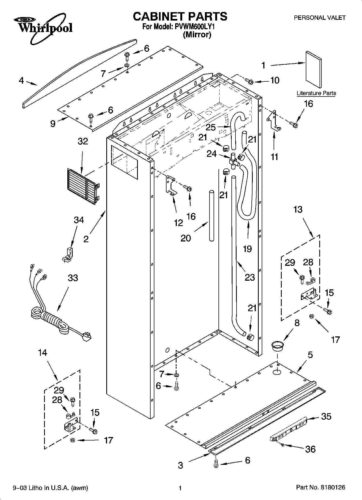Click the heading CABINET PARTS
click(180, 16)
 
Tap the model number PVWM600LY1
click(193, 27)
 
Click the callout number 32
click(83, 141)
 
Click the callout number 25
click(211, 127)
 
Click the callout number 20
click(186, 238)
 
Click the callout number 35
click(326, 416)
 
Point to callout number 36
click(310, 449)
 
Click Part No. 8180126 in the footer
click(321, 487)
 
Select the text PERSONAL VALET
click(320, 18)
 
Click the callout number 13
click(298, 210)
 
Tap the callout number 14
click(43, 353)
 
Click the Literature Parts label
click(316, 93)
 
